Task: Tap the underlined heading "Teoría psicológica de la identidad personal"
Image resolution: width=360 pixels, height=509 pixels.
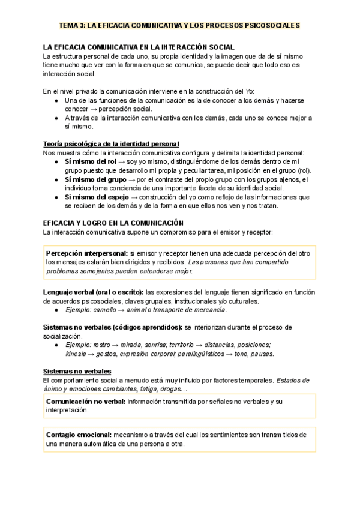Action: [112, 144]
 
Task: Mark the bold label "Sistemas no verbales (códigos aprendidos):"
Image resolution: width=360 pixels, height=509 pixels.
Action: [113, 327]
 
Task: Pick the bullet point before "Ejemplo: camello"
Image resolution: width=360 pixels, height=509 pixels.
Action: [56, 310]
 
